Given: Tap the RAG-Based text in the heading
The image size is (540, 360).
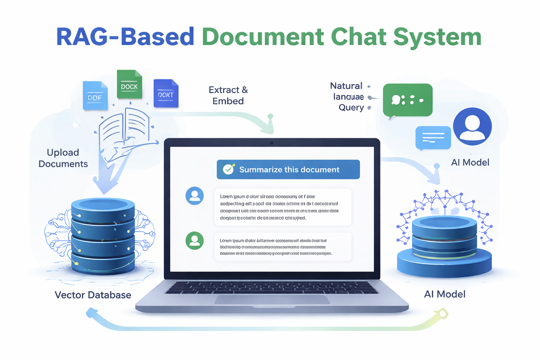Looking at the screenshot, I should [125, 37].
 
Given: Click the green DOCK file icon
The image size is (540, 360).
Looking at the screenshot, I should [129, 84].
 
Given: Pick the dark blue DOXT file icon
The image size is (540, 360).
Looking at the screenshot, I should [166, 94].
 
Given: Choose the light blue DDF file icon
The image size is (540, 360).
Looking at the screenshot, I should [95, 96].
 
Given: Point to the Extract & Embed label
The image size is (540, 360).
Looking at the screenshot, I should [228, 95].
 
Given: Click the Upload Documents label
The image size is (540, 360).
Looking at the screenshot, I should [63, 158].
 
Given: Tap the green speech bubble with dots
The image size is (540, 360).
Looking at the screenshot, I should [407, 100].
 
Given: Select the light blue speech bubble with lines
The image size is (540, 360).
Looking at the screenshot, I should [433, 137].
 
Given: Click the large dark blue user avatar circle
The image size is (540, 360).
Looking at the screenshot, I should [472, 126].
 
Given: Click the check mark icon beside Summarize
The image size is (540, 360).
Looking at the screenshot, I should [229, 169].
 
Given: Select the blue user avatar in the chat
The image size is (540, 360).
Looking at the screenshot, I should [194, 196].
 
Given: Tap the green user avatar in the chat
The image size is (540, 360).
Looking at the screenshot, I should [194, 240].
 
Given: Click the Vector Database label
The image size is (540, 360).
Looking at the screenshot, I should [93, 295].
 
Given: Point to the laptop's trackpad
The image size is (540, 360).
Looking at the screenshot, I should [272, 300].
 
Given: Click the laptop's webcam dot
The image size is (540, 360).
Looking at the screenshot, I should [272, 143].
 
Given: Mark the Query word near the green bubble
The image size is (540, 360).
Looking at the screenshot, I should [351, 108].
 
